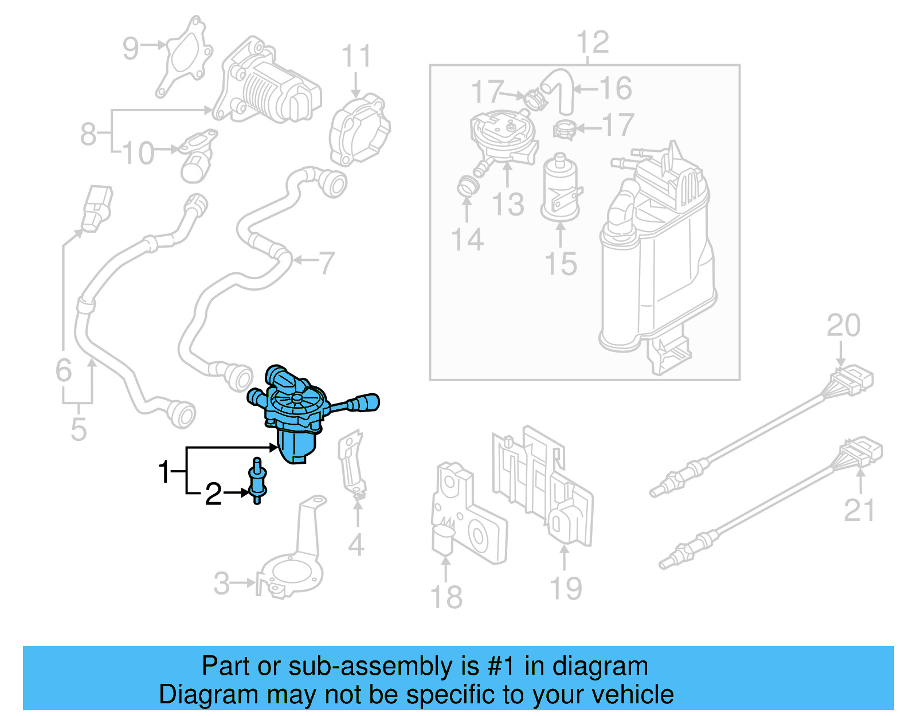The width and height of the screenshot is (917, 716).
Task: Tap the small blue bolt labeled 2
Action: tap(257, 482)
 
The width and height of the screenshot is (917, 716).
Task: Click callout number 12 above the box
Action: tap(593, 43)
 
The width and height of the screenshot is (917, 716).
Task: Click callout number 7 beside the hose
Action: tap(326, 263)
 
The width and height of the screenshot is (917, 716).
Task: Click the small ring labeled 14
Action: tap(467, 187)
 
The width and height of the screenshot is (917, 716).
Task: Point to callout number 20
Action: tap(843, 326)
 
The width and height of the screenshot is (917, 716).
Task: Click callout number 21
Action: tap(859, 510)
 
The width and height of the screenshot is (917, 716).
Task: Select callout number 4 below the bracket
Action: tap(356, 545)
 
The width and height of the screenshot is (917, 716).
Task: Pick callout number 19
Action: tap(566, 588)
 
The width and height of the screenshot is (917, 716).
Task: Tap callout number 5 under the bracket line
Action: tap(79, 429)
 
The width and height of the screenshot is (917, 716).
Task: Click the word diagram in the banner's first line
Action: tap(599, 667)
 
